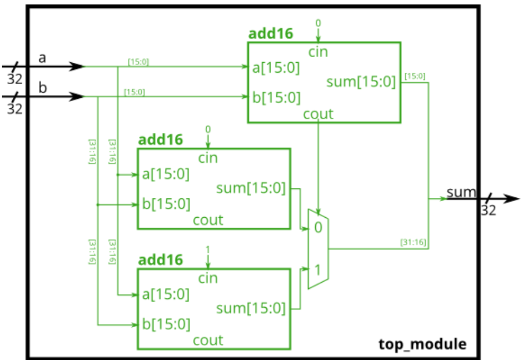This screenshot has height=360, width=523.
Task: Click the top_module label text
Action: point(422,344)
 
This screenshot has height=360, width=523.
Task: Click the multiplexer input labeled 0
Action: point(317,227)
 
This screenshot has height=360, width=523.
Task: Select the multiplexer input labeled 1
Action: point(317,271)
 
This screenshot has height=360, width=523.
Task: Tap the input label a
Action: point(42,57)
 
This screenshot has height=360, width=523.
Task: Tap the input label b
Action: point(42,87)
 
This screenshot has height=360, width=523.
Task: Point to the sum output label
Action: point(461,193)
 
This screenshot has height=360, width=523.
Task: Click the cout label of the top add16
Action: point(318,114)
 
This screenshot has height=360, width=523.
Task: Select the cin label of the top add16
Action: point(318,52)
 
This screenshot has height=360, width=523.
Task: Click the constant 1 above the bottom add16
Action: point(208,249)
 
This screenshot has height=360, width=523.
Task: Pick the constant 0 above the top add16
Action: point(318,23)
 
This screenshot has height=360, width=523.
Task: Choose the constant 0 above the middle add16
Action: point(208,129)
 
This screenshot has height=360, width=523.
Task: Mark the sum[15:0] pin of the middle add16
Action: point(250,189)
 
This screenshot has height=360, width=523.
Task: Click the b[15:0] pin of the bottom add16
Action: point(166,323)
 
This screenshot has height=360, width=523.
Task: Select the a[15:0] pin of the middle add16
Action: point(166,174)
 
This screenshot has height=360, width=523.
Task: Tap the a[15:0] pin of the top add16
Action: point(276,68)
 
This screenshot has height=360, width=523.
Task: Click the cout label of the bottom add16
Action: point(208,340)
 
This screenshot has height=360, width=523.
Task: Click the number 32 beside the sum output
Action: point(489,211)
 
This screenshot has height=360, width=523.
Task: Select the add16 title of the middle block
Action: point(160,139)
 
